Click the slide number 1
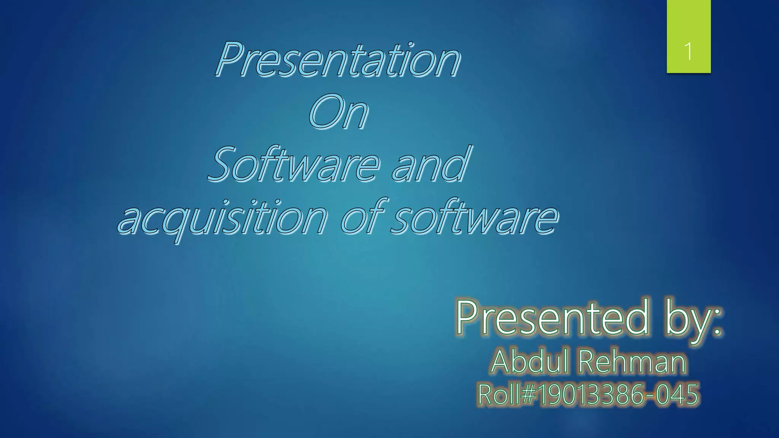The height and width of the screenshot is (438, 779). click(688, 51)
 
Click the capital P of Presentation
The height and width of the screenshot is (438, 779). click(230, 59)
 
